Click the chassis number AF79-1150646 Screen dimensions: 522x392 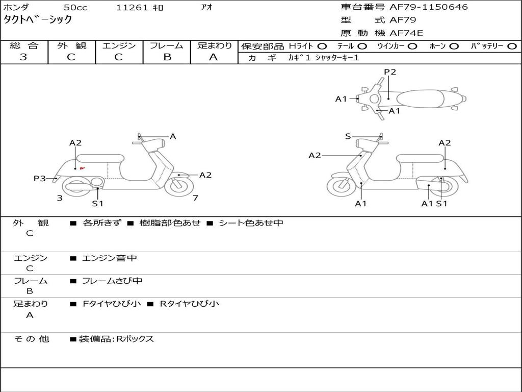pos(428,7)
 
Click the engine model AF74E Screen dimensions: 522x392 pos(406,33)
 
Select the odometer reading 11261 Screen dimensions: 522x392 pos(132,7)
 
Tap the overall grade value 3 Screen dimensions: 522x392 pos(23,57)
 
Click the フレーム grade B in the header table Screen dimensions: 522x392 pos(167,57)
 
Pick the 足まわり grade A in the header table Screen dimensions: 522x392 pos(214,57)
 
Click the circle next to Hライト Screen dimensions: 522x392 pos(322,46)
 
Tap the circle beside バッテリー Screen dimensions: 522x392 pos(512,46)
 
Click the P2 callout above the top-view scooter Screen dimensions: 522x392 pos(390,72)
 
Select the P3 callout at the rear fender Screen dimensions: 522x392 pos(40,178)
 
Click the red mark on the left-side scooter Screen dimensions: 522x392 pos(82,168)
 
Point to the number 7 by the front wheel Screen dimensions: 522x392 pos(195,198)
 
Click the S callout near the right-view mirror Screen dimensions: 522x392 pos(348,136)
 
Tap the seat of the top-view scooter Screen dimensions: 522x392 pos(420,99)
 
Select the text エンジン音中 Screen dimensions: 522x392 pos(110,258)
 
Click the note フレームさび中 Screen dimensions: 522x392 pos(112,281)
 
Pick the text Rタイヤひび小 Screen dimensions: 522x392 pos(190,304)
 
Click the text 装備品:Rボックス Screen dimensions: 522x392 pos(116,339)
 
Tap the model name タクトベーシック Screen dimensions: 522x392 pos(37,20)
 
